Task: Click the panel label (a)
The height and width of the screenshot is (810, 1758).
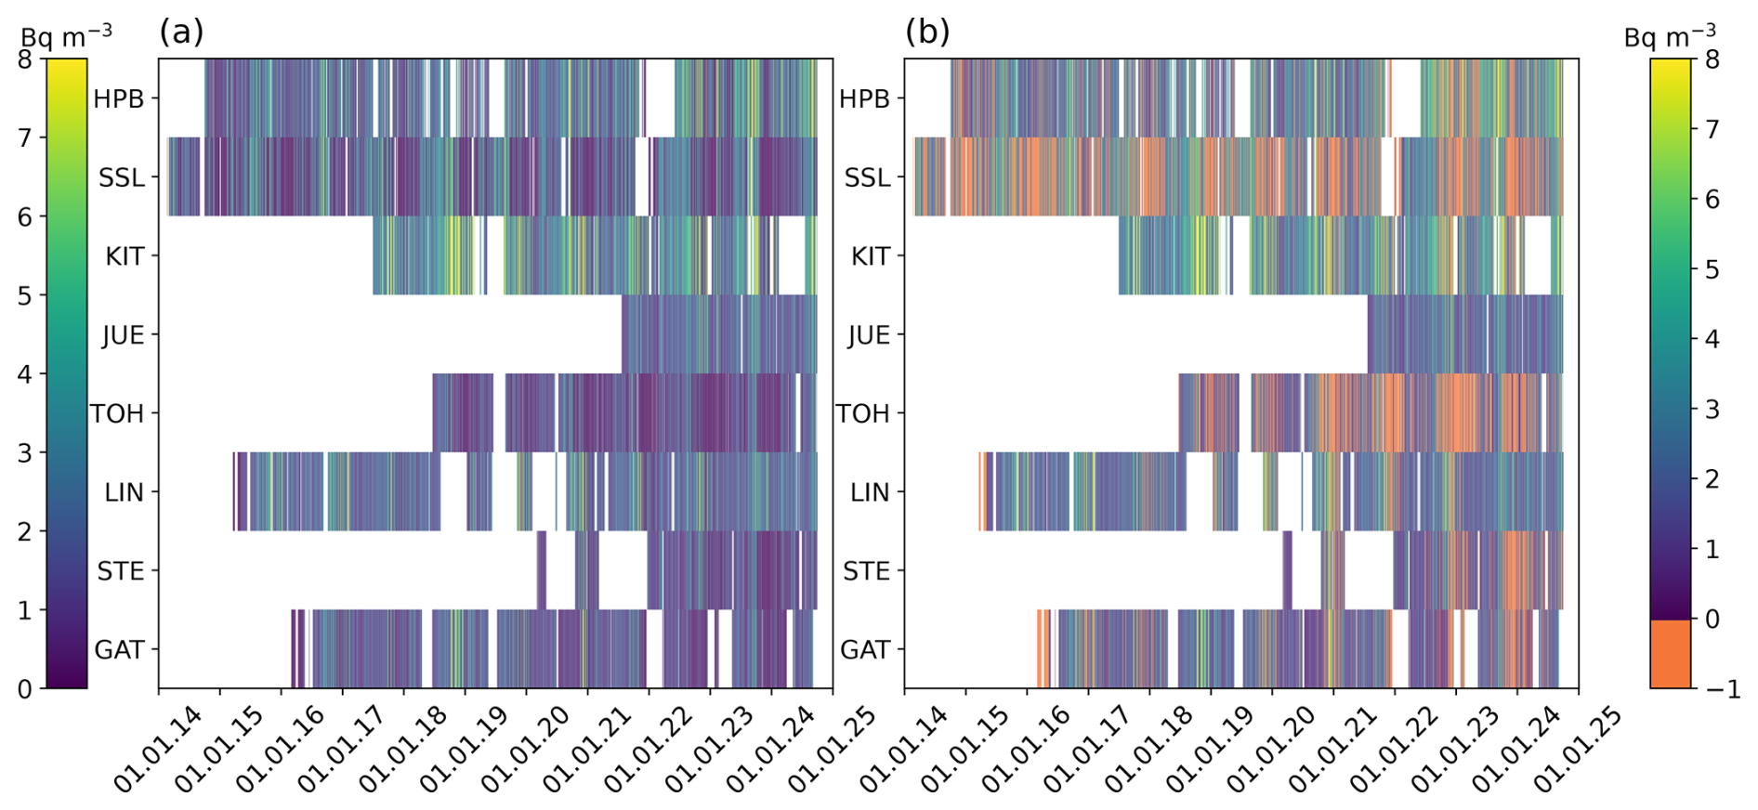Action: click(x=181, y=32)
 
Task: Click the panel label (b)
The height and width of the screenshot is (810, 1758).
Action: click(x=927, y=32)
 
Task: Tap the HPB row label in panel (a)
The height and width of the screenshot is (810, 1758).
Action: click(x=119, y=98)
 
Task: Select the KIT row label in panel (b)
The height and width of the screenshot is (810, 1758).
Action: click(x=870, y=256)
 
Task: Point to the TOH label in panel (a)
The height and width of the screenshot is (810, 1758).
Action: click(x=117, y=413)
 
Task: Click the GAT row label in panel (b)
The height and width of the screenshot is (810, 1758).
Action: click(x=864, y=649)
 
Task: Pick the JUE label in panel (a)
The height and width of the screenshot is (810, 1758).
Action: click(x=123, y=334)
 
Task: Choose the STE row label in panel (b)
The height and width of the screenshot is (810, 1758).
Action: click(x=866, y=571)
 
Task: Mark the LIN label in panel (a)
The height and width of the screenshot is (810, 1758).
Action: click(x=124, y=492)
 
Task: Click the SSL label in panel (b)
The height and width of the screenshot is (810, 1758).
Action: click(x=867, y=177)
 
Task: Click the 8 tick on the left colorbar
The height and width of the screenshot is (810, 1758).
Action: click(x=24, y=59)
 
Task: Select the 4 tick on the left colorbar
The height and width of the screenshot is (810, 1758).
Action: click(x=24, y=374)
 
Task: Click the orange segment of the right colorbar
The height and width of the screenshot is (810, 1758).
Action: click(x=1670, y=654)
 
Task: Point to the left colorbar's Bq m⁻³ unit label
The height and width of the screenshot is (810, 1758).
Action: click(x=66, y=36)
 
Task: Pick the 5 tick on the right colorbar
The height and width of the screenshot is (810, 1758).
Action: click(x=1711, y=269)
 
